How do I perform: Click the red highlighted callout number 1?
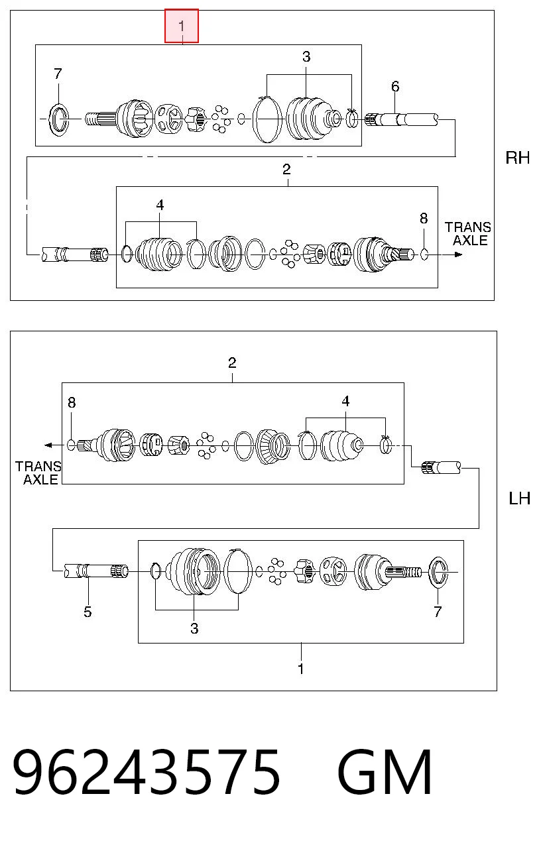pyautogui.click(x=182, y=27)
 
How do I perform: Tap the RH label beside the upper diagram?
pyautogui.click(x=517, y=158)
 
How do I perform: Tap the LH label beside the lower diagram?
pyautogui.click(x=519, y=498)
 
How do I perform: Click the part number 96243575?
pyautogui.click(x=146, y=776)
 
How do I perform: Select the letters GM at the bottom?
pyautogui.click(x=385, y=776)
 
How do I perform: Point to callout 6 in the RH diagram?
pyautogui.click(x=395, y=87)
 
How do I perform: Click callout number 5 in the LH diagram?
pyautogui.click(x=88, y=612)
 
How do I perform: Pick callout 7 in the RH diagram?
pyautogui.click(x=58, y=74)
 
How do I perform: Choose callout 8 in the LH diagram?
pyautogui.click(x=72, y=403)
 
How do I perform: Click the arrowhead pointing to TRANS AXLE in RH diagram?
pyautogui.click(x=458, y=254)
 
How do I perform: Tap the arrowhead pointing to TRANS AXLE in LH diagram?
pyautogui.click(x=48, y=445)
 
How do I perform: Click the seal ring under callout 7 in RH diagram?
pyautogui.click(x=59, y=119)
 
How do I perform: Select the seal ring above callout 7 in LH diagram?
pyautogui.click(x=438, y=572)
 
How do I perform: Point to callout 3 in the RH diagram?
pyautogui.click(x=306, y=57)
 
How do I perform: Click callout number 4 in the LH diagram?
pyautogui.click(x=345, y=401)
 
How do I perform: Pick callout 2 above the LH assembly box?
pyautogui.click(x=232, y=363)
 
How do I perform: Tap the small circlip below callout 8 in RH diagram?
pyautogui.click(x=424, y=254)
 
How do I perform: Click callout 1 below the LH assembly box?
pyautogui.click(x=300, y=669)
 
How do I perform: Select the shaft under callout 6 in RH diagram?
pyautogui.click(x=401, y=119)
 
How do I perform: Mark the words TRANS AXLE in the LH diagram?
pyautogui.click(x=38, y=473)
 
